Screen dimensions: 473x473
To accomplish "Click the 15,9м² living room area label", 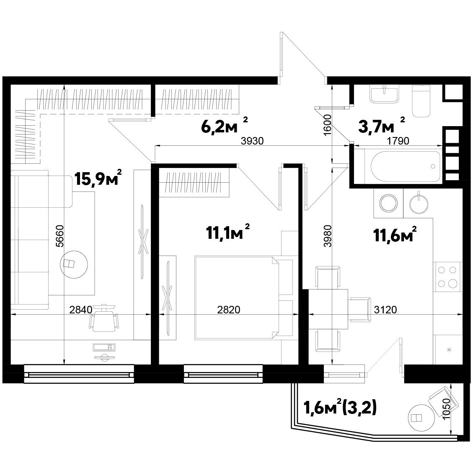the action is click(98, 178).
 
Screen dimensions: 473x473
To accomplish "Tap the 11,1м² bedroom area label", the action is click(228, 232).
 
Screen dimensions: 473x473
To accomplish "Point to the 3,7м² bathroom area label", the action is click(382, 126).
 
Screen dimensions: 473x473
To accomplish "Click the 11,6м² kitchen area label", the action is click(395, 234).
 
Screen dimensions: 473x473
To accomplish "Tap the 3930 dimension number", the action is click(252, 141).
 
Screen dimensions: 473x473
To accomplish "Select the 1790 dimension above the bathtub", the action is click(398, 141).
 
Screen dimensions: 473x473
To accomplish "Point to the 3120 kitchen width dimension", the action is click(385, 310).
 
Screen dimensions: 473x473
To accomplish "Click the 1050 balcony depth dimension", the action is click(446, 409).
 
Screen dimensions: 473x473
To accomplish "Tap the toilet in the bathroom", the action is click(421, 101).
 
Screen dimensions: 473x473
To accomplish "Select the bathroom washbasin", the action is click(384, 94).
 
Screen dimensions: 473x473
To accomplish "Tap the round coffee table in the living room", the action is click(74, 264).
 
